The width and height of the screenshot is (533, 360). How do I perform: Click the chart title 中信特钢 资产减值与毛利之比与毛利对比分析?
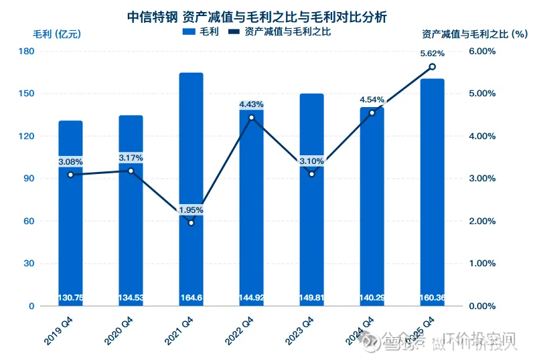point(266,15)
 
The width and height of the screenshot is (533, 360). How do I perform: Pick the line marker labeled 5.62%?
point(432,66)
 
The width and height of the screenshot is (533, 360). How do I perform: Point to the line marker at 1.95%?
point(191,222)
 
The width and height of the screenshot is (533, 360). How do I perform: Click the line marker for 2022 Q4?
point(251,118)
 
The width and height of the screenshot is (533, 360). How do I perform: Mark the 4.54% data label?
point(372,100)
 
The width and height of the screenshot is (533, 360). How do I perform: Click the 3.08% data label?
point(70,162)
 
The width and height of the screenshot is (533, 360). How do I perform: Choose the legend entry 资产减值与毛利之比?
point(279,31)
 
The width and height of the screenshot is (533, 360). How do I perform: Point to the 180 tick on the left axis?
point(27,52)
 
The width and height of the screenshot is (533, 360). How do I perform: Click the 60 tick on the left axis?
point(30,221)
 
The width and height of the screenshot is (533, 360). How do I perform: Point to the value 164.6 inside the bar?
point(191,298)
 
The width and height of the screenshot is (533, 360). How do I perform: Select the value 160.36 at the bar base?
point(432,298)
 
